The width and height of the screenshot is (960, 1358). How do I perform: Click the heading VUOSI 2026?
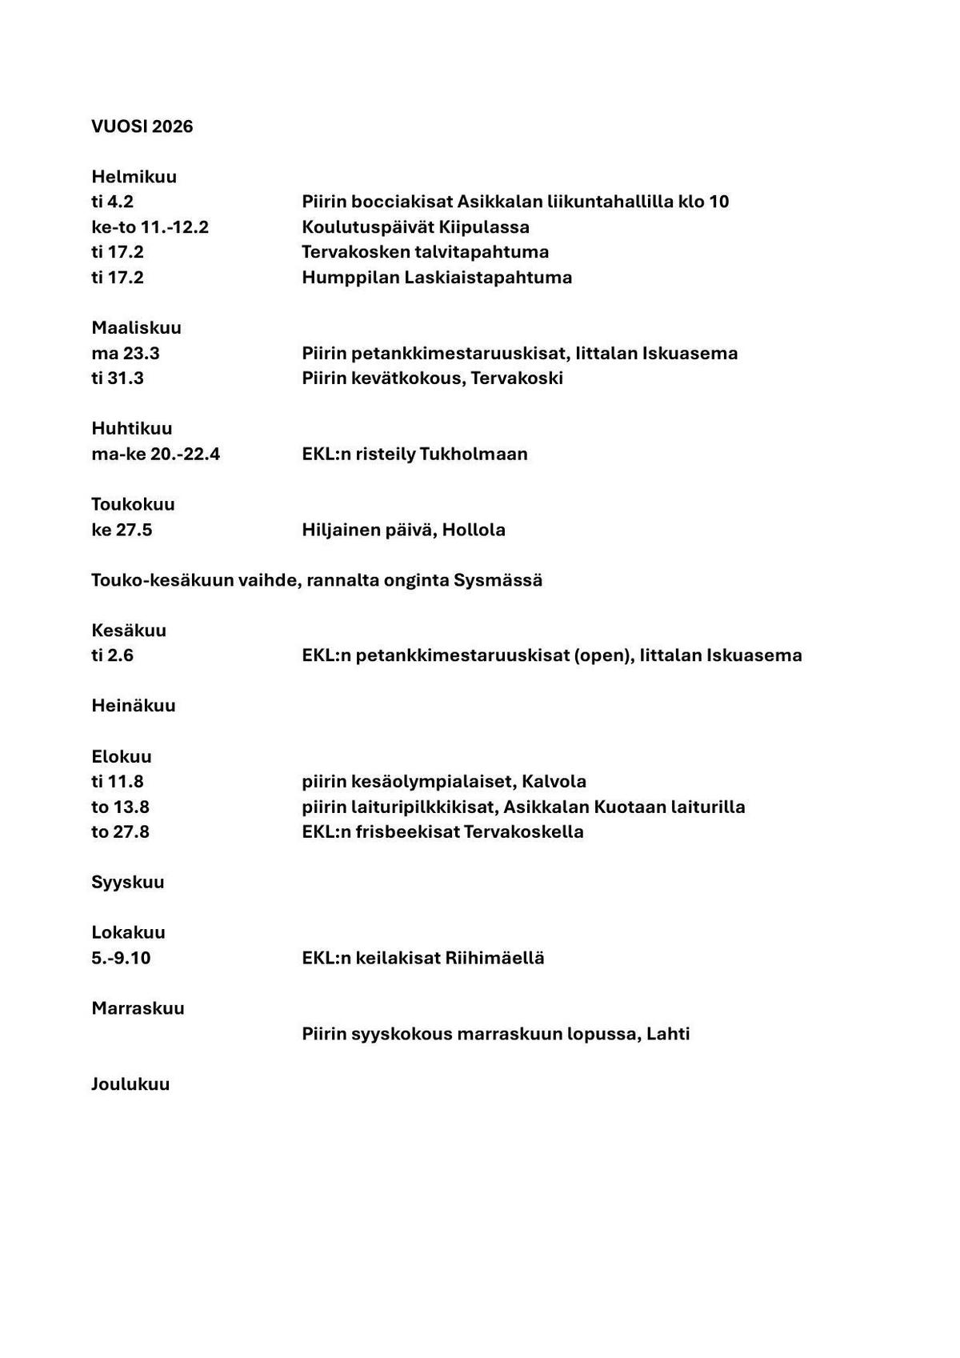(x=142, y=126)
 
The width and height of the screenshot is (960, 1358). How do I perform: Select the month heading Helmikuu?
(x=134, y=176)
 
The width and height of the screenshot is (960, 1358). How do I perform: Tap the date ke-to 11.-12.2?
(x=150, y=226)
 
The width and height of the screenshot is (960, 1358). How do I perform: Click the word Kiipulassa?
(x=484, y=226)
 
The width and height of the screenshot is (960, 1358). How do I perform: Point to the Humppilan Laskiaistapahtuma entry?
(x=437, y=277)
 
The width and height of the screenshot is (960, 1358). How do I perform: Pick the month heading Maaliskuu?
(x=136, y=327)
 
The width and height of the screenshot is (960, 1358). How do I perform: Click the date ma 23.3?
(x=126, y=353)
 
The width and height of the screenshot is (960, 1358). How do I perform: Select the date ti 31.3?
(x=118, y=378)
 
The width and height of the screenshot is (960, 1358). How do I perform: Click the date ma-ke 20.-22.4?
(x=155, y=454)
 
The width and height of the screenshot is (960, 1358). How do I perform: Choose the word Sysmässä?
(x=498, y=579)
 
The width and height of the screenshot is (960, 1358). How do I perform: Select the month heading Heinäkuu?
(x=134, y=705)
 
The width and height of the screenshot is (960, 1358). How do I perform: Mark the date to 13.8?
(x=120, y=807)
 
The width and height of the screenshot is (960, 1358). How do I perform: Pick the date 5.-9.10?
(x=121, y=958)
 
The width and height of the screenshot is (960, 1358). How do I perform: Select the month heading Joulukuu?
(x=130, y=1084)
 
